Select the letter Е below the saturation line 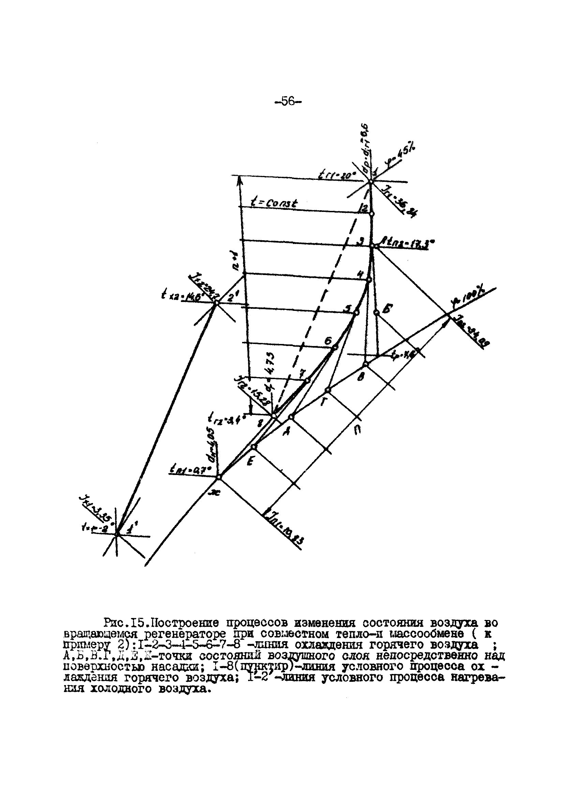pyautogui.click(x=250, y=463)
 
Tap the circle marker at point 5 pyautogui.click(x=356, y=313)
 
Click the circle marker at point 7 pyautogui.click(x=307, y=380)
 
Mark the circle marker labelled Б pyautogui.click(x=376, y=312)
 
